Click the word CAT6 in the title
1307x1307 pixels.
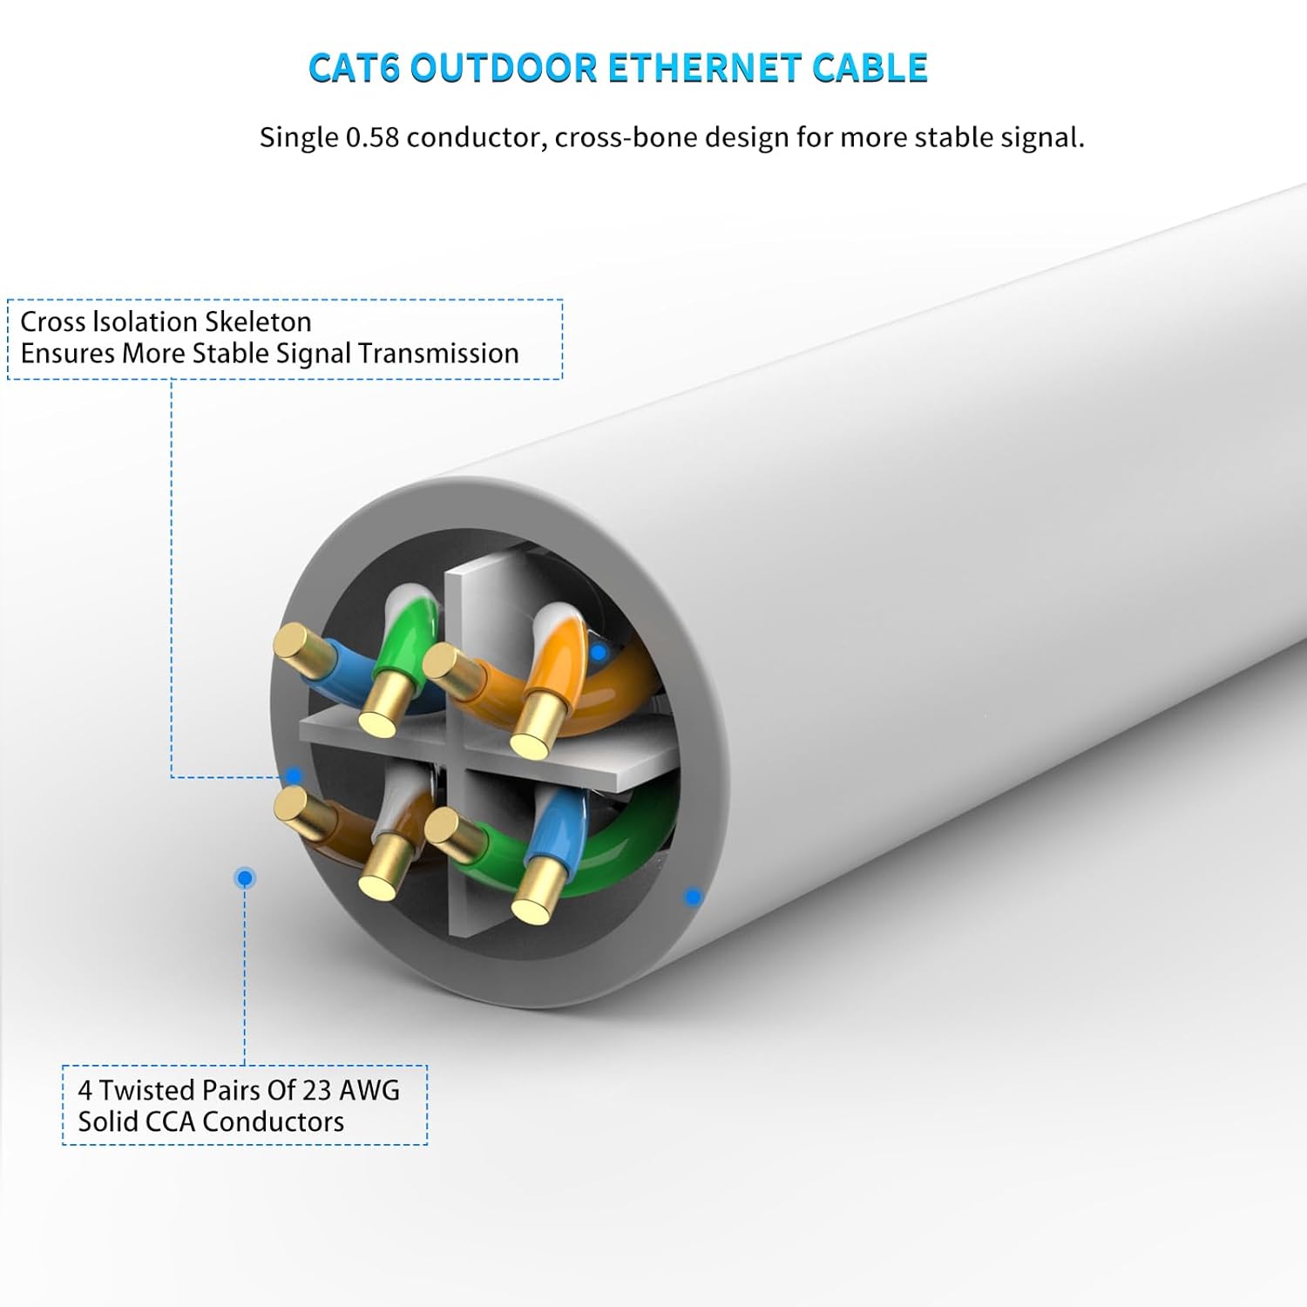(x=354, y=69)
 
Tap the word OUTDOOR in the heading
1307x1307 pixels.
(x=504, y=69)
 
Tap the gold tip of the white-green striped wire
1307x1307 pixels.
(x=381, y=713)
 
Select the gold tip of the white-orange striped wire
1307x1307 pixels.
(x=532, y=734)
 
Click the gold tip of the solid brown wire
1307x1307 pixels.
(x=295, y=806)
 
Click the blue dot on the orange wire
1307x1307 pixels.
(x=598, y=652)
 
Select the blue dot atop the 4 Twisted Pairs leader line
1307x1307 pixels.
(x=245, y=877)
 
